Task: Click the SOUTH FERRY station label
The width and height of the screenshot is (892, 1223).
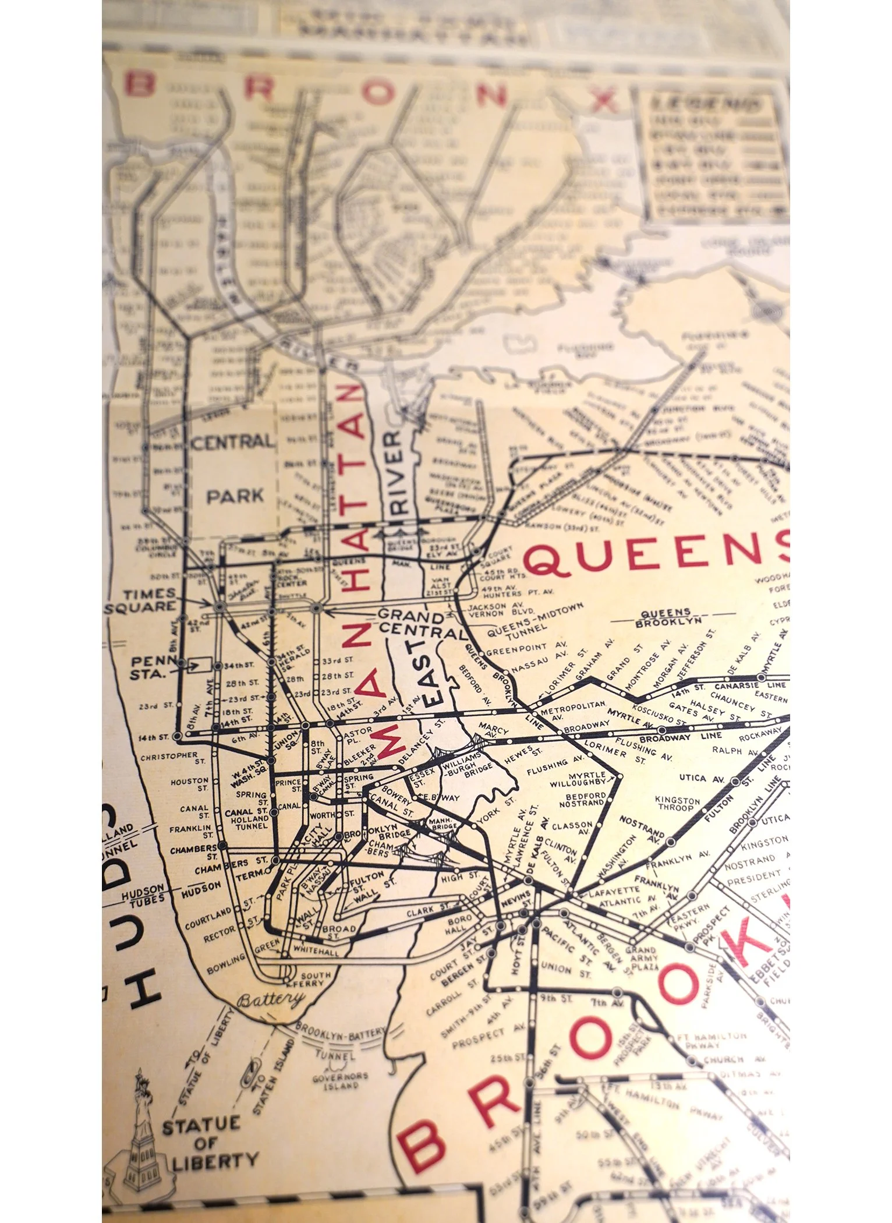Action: coord(314,978)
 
